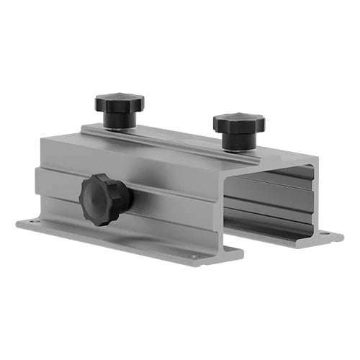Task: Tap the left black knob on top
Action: [x=119, y=105]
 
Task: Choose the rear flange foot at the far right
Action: [x=328, y=235]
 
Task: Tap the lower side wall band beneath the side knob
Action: [x=158, y=223]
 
